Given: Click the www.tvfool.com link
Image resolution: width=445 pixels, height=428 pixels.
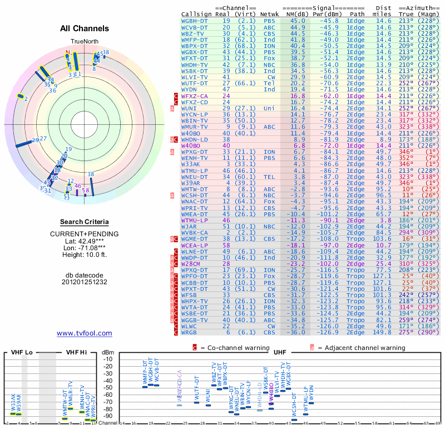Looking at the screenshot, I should (85, 333).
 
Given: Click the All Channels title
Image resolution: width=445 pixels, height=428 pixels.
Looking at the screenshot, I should (85, 28).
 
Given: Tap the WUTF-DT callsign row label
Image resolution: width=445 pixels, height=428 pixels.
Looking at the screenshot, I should (195, 82).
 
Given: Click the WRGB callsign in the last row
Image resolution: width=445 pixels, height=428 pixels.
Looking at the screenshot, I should (189, 332).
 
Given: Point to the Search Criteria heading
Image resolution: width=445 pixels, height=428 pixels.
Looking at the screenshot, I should (85, 222).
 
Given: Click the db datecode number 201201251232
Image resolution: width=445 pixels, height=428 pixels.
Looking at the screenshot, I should (85, 282).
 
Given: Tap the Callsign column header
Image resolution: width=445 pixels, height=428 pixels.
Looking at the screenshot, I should (195, 13).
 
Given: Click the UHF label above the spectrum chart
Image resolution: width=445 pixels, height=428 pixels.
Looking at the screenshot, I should (280, 352).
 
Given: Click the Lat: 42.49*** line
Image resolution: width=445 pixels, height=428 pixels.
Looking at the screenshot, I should (85, 241).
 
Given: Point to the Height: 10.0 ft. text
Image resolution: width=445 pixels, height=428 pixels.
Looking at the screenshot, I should (85, 255).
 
